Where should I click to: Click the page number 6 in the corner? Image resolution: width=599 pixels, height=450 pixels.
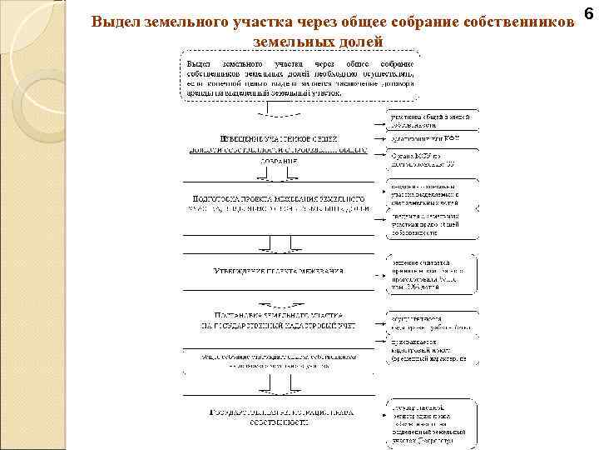pos(587,16)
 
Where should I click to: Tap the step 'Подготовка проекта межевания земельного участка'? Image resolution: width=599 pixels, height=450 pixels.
pos(278,203)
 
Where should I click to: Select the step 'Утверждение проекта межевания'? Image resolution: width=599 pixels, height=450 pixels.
pos(279,271)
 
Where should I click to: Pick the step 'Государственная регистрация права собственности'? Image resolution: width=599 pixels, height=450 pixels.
pos(278,417)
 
